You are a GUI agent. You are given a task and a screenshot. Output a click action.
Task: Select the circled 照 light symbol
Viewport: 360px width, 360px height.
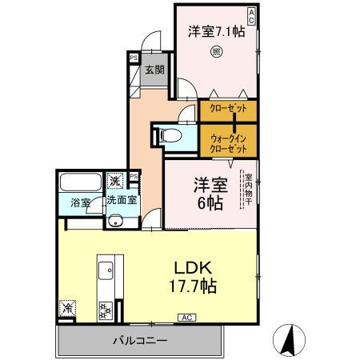coord(215,54)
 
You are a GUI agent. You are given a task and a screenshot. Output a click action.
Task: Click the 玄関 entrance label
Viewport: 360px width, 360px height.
coord(154,70)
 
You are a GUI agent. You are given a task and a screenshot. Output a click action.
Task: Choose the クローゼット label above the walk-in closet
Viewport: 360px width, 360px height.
coord(228,108)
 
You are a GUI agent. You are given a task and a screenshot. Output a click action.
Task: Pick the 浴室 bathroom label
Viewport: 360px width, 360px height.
coord(79,203)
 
